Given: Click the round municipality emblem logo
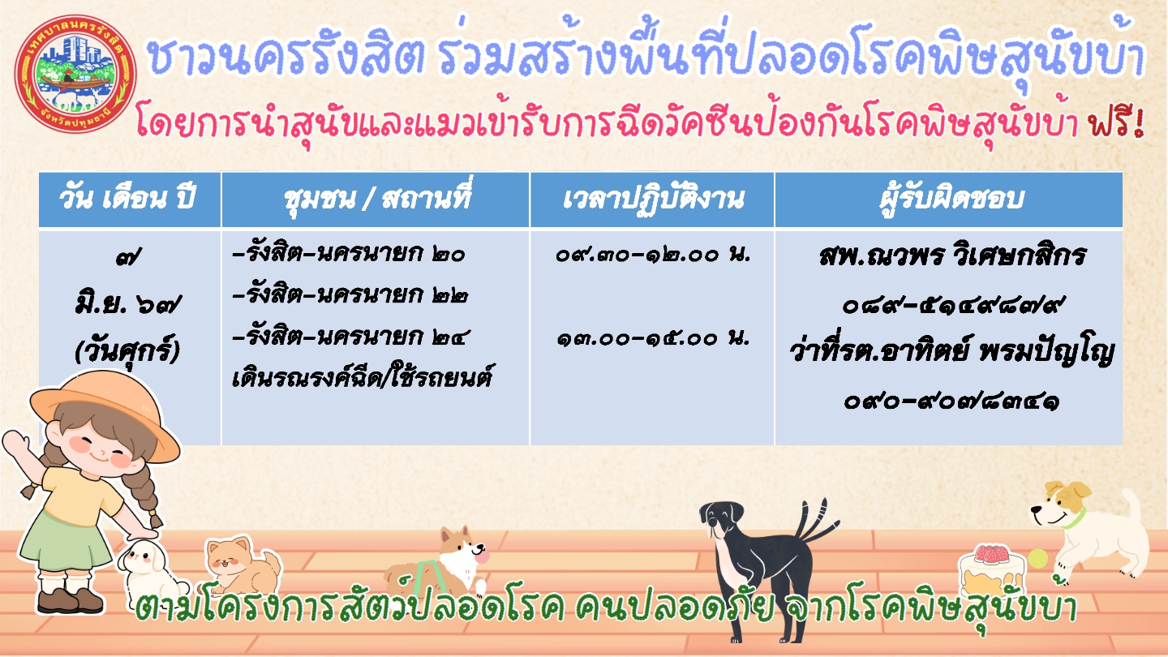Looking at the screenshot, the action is [x=75, y=74].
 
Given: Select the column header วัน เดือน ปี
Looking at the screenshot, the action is [x=127, y=198].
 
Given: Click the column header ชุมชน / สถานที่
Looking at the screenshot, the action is [x=377, y=197].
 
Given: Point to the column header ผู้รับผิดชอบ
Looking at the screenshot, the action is [x=951, y=198].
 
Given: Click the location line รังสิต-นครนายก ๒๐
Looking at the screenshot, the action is [x=349, y=254].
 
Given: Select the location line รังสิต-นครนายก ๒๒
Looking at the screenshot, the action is [x=350, y=295].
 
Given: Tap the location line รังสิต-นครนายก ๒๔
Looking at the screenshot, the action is [x=350, y=337].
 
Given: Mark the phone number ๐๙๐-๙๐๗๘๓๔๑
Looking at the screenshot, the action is [x=951, y=401].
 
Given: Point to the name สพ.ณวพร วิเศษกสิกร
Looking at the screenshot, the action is [x=952, y=256].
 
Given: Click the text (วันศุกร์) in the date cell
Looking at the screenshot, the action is [x=127, y=350].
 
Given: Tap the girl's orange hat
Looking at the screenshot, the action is [x=105, y=412].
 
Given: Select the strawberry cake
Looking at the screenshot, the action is [x=990, y=569].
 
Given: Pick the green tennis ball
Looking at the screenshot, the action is [x=1037, y=559].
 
